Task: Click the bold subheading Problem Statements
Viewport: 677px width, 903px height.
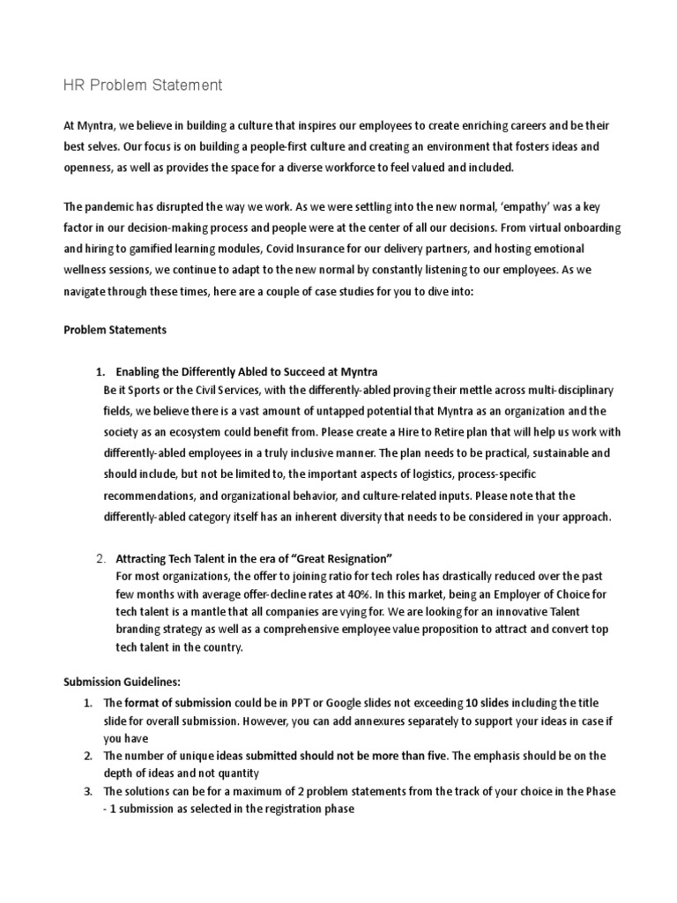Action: click(115, 329)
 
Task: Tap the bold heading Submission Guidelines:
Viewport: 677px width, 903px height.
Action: click(123, 682)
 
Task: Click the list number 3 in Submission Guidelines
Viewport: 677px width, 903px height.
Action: click(88, 792)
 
